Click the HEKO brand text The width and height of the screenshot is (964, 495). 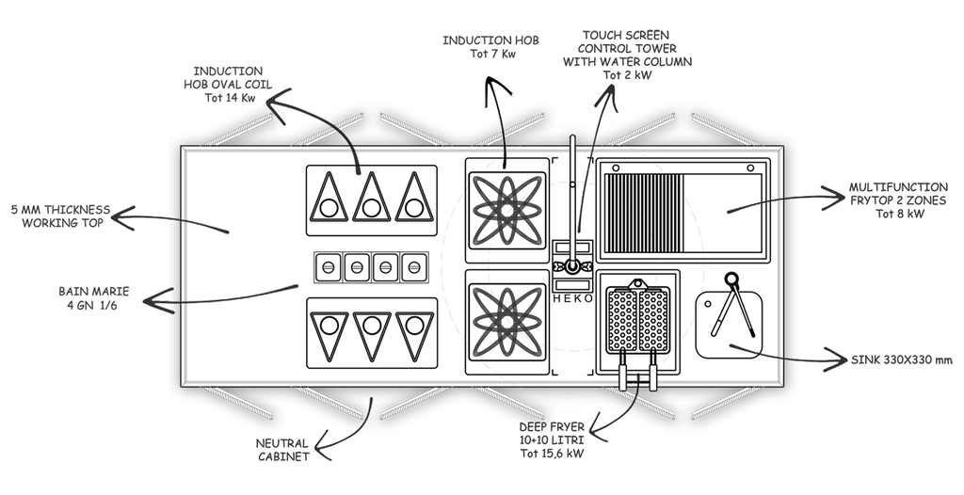pos(572,297)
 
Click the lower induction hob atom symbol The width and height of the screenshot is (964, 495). pos(507,317)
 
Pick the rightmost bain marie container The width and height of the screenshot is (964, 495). pos(411,267)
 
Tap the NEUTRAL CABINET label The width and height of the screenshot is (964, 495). pos(281,449)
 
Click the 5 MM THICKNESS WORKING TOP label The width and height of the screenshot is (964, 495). pos(58,214)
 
